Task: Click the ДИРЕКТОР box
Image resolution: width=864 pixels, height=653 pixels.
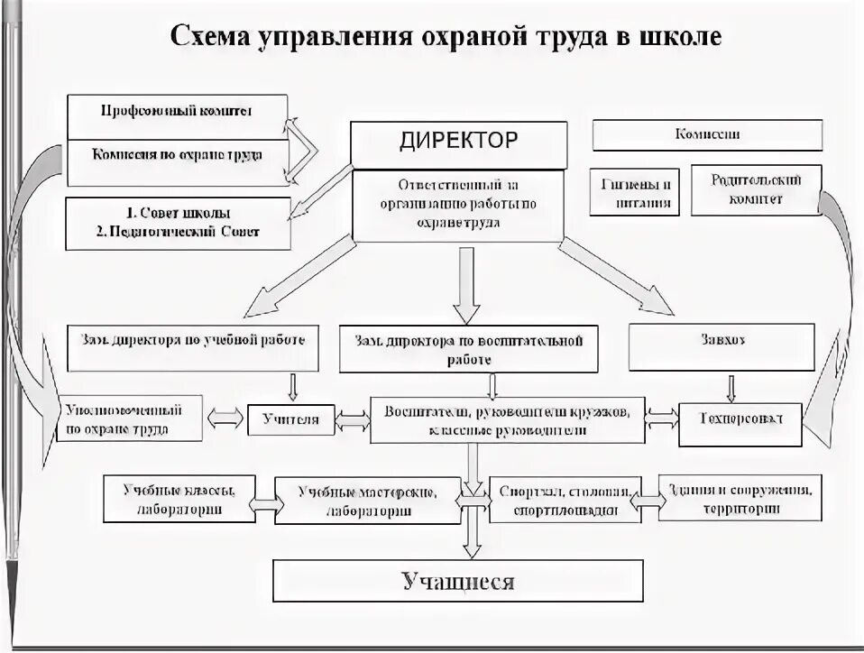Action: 459,142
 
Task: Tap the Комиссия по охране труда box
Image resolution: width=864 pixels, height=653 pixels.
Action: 177,155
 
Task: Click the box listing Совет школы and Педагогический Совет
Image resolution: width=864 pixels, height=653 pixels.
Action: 178,223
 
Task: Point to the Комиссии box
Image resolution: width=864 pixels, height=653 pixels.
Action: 707,135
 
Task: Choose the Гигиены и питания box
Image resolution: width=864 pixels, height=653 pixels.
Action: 636,191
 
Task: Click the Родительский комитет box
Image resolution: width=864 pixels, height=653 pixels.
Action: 745,189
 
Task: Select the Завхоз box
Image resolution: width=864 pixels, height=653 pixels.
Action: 735,345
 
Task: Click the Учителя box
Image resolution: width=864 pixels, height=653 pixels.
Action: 291,418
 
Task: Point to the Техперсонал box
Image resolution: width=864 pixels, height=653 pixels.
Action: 741,418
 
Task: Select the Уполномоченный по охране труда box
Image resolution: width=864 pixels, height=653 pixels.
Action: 127,418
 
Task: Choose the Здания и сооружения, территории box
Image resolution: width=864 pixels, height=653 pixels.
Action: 740,498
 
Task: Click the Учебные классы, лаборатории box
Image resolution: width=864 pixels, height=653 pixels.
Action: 179,498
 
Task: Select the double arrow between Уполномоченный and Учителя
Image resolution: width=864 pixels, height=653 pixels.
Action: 226,418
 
